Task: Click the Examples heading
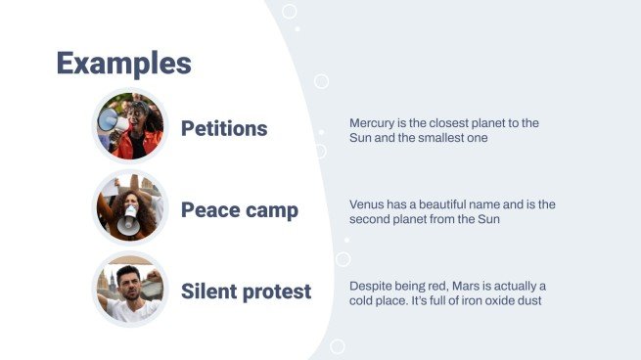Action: [123, 63]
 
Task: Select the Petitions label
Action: [224, 129]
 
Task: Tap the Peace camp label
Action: [240, 210]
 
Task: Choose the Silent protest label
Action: [246, 291]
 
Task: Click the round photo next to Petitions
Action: [131, 127]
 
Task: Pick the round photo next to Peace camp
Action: [131, 208]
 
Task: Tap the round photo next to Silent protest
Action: [131, 289]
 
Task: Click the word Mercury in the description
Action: [373, 123]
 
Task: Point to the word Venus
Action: [367, 204]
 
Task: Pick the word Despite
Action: [371, 285]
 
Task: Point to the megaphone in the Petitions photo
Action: [111, 122]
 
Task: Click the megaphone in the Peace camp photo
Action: [128, 223]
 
